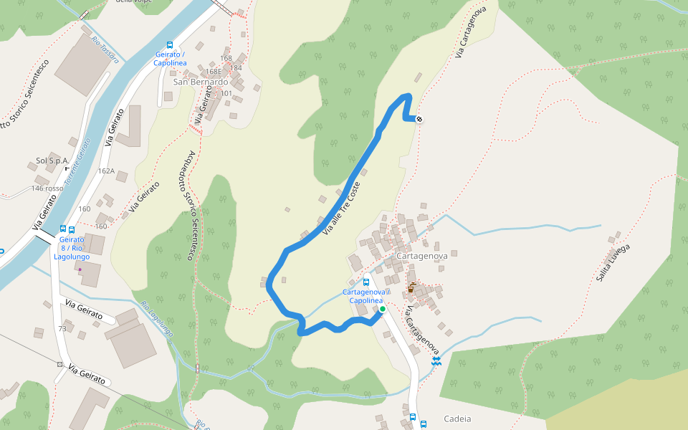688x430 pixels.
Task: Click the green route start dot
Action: [382, 309]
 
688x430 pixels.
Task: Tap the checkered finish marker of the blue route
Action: [419, 120]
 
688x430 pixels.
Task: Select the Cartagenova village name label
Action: [421, 256]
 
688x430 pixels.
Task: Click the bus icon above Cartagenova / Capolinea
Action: [366, 282]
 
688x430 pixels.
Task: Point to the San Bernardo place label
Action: [200, 82]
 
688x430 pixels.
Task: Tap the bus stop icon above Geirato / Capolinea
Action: [169, 44]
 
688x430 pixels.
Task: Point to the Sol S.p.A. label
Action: [52, 161]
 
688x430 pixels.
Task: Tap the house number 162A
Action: [106, 171]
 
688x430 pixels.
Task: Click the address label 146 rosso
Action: [47, 188]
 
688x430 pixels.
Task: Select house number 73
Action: [62, 328]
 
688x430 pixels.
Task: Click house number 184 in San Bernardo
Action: [236, 68]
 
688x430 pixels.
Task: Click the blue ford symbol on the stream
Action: [435, 363]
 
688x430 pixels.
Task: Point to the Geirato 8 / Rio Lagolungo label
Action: [72, 248]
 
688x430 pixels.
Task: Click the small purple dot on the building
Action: [80, 269]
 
